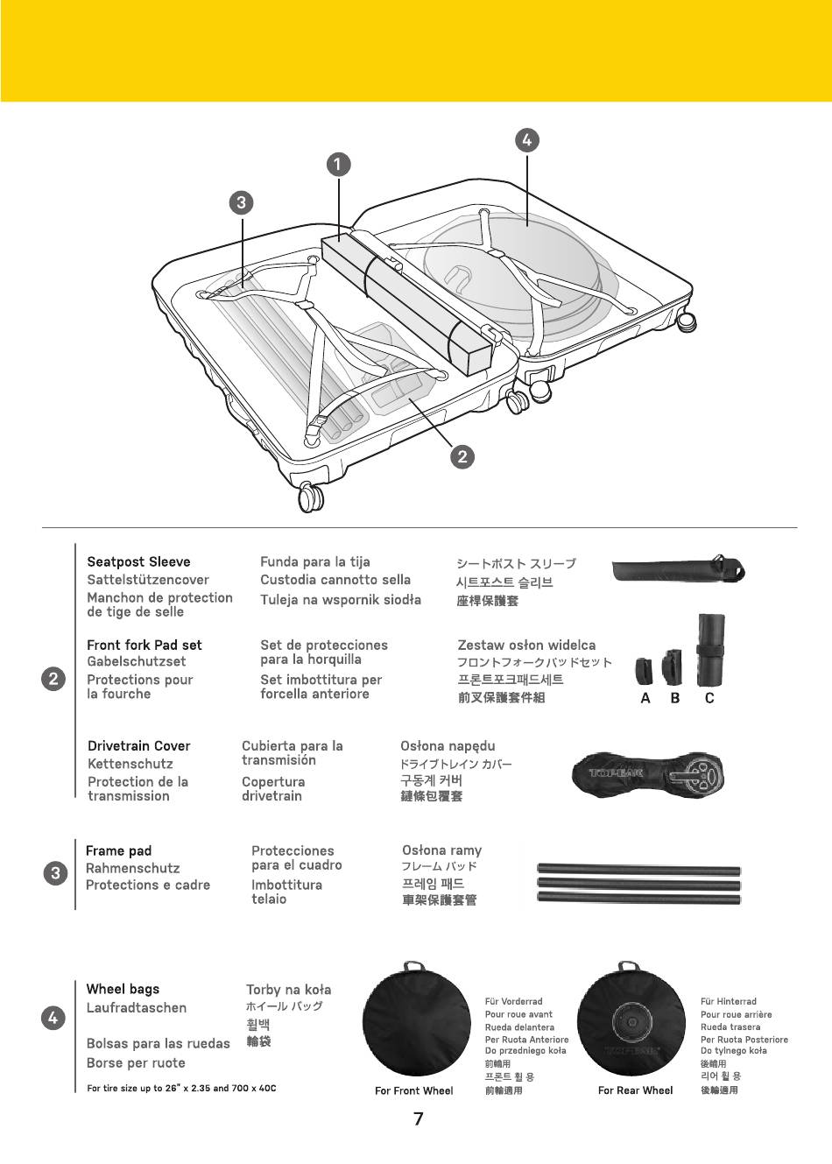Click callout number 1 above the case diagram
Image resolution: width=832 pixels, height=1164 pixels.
[x=338, y=164]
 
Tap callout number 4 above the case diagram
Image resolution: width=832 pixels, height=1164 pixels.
[x=526, y=140]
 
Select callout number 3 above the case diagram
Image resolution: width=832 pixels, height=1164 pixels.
[x=241, y=203]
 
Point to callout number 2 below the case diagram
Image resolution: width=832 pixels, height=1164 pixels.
[x=462, y=456]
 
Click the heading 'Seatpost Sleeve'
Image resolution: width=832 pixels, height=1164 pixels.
[x=138, y=562]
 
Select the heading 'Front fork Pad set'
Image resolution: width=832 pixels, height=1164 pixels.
[x=145, y=645]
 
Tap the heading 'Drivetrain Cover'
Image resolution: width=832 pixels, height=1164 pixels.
[x=138, y=746]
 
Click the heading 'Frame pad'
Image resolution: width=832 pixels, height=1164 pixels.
[x=118, y=851]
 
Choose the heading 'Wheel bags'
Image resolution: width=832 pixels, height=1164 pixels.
[x=123, y=989]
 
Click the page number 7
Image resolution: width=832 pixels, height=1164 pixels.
[x=418, y=1119]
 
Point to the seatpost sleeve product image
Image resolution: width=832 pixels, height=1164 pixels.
[x=678, y=570]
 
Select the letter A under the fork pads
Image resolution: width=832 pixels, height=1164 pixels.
[x=645, y=699]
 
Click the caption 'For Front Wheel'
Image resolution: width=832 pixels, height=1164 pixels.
[x=413, y=1091]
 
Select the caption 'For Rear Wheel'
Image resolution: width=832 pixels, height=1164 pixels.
[x=635, y=1091]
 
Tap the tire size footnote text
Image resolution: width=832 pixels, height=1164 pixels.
[x=181, y=1089]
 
